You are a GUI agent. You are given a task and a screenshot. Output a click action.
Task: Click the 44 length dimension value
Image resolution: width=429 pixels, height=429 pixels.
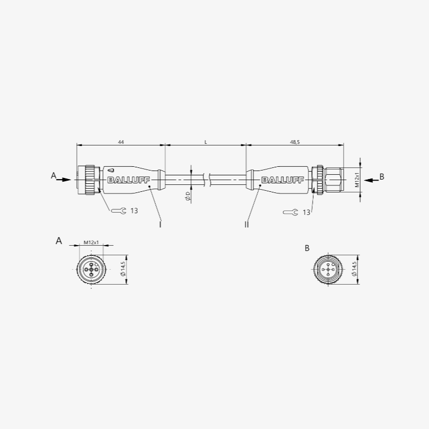[121, 142]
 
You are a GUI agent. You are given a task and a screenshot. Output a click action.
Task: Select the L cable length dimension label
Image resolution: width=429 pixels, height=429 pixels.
[206, 142]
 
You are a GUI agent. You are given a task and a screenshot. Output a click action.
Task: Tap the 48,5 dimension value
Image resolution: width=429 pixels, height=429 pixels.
[295, 142]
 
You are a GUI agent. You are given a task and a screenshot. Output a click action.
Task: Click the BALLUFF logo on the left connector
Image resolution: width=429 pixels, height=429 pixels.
[129, 180]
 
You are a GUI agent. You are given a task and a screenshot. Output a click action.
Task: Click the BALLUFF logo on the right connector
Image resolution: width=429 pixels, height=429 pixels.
[283, 180]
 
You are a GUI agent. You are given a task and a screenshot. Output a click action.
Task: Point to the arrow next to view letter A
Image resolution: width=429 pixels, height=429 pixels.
[63, 180]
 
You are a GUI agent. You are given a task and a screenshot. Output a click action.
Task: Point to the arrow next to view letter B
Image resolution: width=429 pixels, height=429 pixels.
[371, 180]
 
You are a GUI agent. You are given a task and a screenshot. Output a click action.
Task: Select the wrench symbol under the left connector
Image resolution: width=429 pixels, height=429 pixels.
[119, 211]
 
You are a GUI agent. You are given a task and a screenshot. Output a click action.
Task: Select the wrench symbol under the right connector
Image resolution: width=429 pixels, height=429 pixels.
[291, 212]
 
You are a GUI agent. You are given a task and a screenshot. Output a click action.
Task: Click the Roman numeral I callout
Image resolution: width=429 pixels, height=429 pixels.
[160, 224]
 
